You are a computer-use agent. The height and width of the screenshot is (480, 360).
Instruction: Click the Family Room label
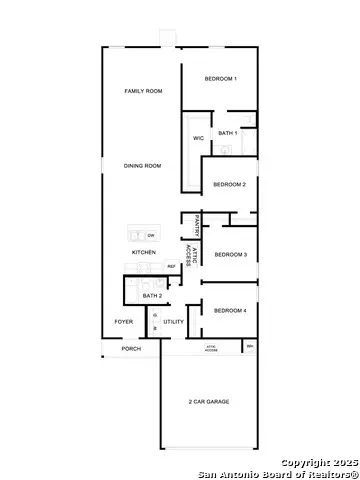[x=143, y=91]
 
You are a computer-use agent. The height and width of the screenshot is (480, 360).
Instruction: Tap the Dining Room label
[x=143, y=165]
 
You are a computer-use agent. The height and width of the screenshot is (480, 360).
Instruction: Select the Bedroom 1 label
[x=220, y=78]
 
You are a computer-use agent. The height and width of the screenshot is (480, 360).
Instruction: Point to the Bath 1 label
[x=228, y=133]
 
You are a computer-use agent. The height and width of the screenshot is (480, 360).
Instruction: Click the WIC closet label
[x=198, y=139]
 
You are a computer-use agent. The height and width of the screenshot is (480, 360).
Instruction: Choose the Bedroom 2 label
[x=230, y=184]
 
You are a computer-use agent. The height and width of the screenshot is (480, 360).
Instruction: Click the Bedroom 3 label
[x=230, y=254]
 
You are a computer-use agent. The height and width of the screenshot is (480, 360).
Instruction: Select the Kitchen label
[x=144, y=253]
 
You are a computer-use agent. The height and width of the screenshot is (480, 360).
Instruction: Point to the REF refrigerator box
[x=171, y=266]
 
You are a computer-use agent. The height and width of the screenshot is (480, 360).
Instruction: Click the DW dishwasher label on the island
[x=150, y=235]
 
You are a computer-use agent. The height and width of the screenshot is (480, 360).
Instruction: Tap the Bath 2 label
[x=152, y=296]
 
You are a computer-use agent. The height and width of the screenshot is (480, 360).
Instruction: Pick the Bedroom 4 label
[x=230, y=311]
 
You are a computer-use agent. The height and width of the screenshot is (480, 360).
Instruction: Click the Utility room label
[x=174, y=322]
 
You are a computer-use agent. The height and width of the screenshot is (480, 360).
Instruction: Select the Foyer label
[x=124, y=322]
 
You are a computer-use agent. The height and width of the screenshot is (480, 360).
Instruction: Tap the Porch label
[x=131, y=349]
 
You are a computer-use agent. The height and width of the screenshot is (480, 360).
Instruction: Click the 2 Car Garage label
[x=209, y=402]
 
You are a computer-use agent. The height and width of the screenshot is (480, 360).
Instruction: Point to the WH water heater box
[x=250, y=346]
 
